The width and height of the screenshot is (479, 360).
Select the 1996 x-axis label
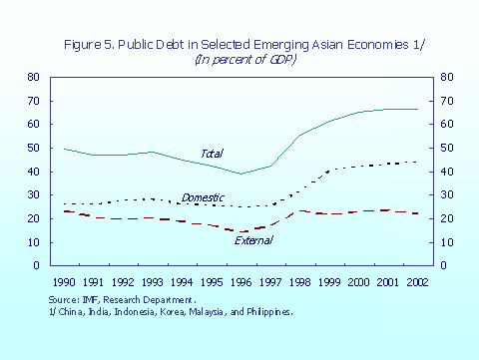click(x=239, y=283)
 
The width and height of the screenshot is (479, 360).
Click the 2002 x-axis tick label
click(x=417, y=283)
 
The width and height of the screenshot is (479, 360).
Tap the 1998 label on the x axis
click(x=298, y=283)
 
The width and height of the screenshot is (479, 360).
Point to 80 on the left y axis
click(x=33, y=77)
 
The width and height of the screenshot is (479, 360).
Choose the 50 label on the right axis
click(x=446, y=148)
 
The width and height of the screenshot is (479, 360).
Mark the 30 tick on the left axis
click(x=33, y=195)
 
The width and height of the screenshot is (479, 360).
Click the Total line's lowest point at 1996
click(x=239, y=174)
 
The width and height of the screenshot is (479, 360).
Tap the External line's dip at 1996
click(x=239, y=231)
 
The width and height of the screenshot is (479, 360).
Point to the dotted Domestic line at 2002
click(x=417, y=162)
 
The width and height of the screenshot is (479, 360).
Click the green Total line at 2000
click(x=358, y=112)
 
